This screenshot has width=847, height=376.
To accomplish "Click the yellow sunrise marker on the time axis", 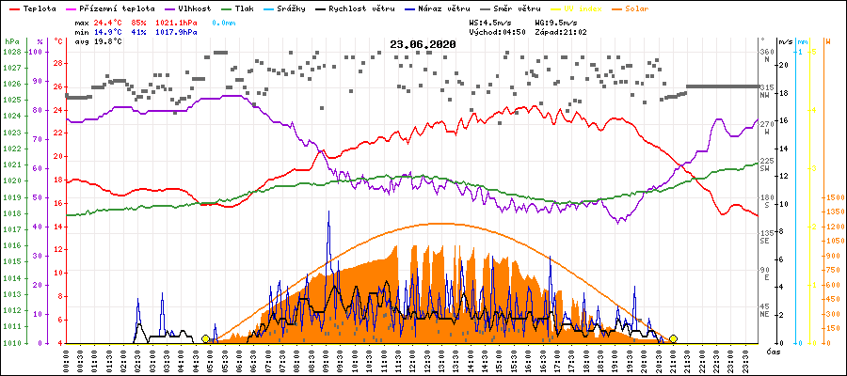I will click(205, 338).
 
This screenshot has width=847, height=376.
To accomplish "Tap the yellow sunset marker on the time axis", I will click(673, 338).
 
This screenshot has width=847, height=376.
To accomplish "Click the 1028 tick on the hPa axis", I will click(11, 52).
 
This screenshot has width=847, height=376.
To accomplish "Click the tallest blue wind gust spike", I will click(328, 214).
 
